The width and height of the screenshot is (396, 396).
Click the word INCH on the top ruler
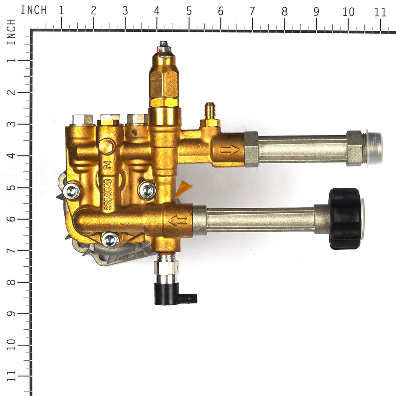point(34,10)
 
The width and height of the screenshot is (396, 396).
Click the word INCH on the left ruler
point(11,32)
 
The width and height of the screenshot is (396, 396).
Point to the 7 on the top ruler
point(252,11)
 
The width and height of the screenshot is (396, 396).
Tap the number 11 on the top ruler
point(380,12)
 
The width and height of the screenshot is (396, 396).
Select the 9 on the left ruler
point(11,314)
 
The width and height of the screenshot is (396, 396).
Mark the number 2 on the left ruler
point(11,93)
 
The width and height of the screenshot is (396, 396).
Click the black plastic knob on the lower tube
point(345,219)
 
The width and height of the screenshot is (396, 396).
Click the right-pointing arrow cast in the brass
point(229,149)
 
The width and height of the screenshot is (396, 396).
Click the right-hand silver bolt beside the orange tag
point(147,190)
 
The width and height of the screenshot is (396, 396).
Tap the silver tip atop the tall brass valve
point(163,48)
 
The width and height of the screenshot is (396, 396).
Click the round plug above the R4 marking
point(106,146)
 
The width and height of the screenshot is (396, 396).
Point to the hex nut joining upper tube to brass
point(251,149)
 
